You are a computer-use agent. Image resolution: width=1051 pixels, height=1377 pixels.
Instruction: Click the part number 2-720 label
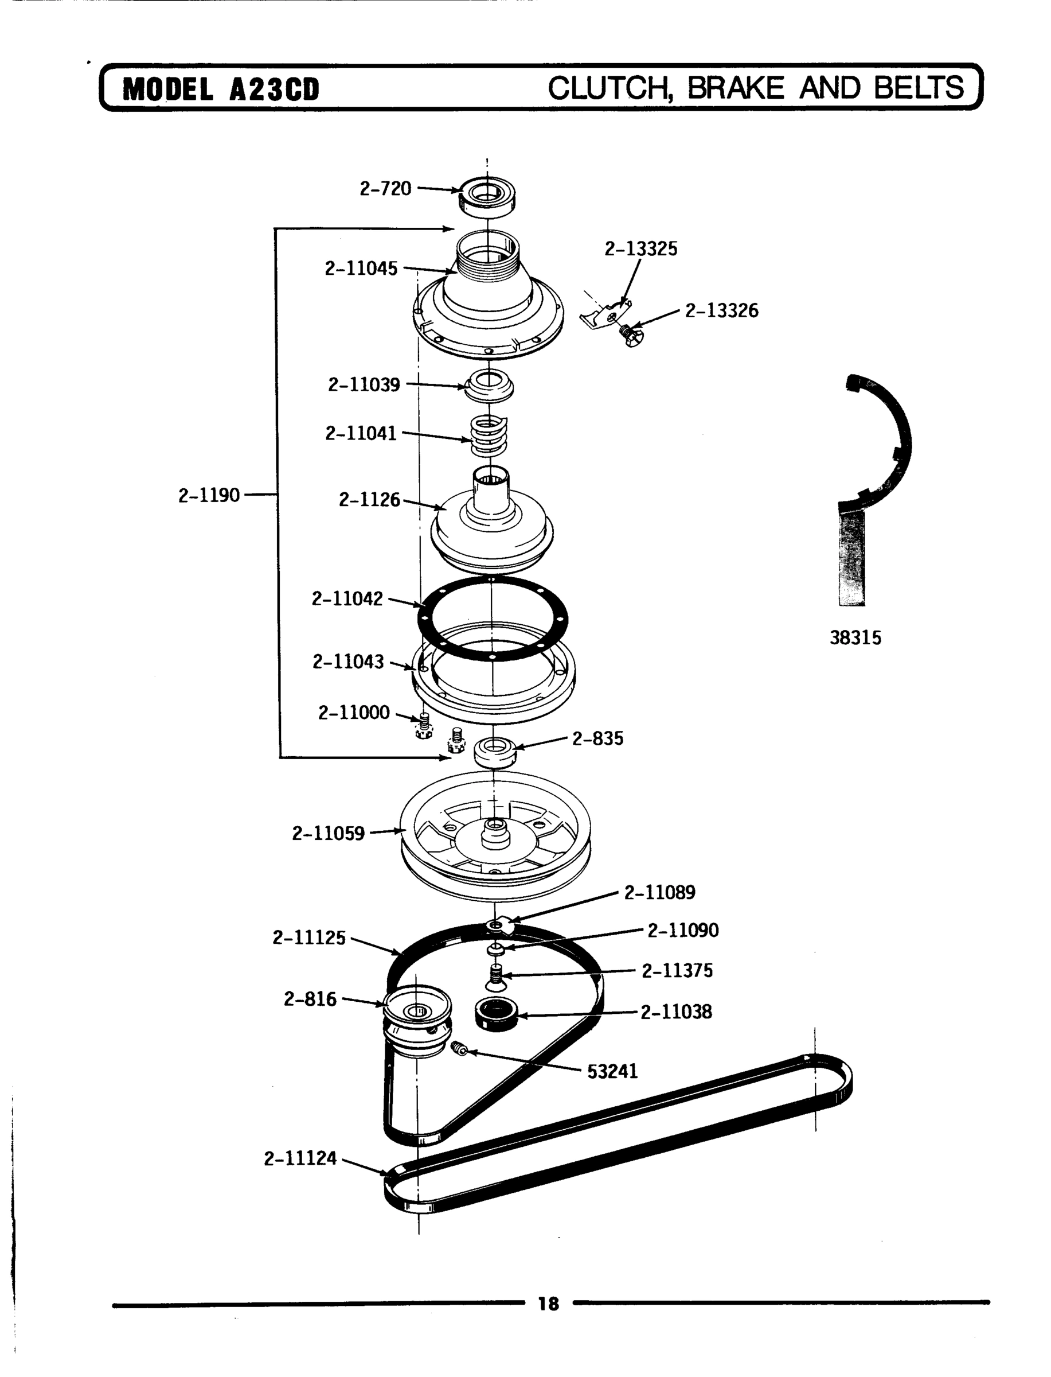(x=385, y=188)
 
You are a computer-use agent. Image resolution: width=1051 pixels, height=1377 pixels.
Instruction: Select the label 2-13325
(x=640, y=249)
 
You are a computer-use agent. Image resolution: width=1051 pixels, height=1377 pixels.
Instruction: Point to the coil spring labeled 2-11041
(x=489, y=435)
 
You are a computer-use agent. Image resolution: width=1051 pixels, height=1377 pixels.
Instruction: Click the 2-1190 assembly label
(x=209, y=496)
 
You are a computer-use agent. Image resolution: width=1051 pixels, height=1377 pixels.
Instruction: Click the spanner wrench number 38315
(x=855, y=638)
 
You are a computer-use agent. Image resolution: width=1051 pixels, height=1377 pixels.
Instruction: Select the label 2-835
(x=597, y=738)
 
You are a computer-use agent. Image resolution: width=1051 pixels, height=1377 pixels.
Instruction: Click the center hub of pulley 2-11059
(x=495, y=833)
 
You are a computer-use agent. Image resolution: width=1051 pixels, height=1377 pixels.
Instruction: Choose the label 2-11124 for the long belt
(x=300, y=1158)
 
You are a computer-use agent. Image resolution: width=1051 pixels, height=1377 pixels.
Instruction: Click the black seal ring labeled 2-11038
(x=496, y=1013)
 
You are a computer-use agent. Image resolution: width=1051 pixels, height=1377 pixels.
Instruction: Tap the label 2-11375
(x=677, y=971)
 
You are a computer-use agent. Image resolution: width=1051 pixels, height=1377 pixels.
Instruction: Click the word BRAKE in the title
(x=736, y=88)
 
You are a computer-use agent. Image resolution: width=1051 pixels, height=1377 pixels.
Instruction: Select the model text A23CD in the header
(x=274, y=90)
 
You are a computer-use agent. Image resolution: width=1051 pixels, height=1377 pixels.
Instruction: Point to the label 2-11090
(x=682, y=930)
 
